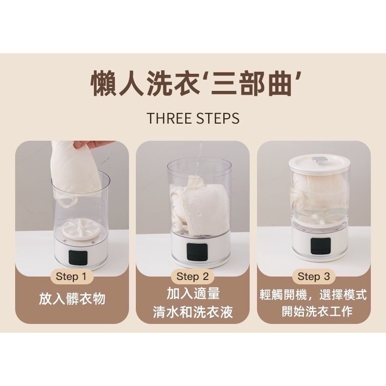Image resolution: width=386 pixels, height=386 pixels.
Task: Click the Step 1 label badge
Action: click(71, 277)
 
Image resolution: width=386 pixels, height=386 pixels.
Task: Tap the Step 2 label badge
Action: click(193, 277)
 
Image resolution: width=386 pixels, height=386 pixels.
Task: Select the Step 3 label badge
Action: click(314, 277)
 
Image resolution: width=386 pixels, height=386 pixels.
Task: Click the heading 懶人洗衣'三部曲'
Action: click(193, 84)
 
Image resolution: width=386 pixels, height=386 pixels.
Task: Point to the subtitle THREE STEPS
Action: click(193, 118)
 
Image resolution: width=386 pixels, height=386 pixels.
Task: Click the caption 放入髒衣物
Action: click(72, 299)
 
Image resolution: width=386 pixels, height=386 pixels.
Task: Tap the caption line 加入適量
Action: click(193, 294)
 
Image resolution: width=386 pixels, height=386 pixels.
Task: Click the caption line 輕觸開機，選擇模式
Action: click(314, 295)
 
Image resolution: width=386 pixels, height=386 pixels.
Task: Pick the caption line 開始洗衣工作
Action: click(317, 312)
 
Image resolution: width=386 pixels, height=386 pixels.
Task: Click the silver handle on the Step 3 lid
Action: click(319, 158)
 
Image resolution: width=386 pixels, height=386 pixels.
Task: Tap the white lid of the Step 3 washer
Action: click(319, 163)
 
